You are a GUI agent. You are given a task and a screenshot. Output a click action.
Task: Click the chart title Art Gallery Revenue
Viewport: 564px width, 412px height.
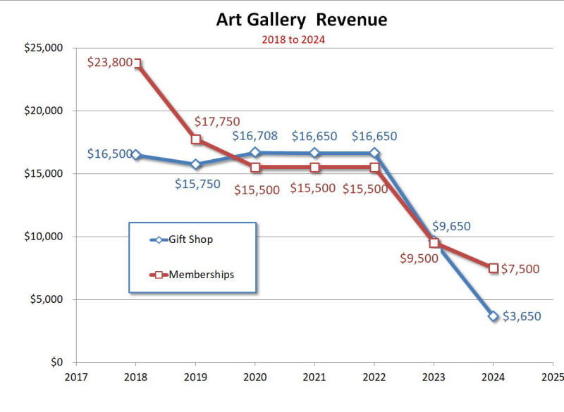click(x=301, y=20)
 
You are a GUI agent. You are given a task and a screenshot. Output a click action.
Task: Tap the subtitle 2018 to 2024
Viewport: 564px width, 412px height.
click(x=293, y=40)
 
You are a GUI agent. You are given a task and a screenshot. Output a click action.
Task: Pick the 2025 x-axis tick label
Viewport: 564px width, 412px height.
click(x=552, y=377)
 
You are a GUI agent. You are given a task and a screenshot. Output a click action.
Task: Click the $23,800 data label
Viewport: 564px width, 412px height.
click(x=110, y=62)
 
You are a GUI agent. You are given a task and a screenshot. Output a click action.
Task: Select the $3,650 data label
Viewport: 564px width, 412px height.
click(x=522, y=316)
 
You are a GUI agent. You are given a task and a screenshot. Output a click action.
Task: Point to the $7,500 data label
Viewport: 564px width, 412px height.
click(x=522, y=268)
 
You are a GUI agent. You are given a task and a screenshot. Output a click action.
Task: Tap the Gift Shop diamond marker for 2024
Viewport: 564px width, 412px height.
click(x=493, y=316)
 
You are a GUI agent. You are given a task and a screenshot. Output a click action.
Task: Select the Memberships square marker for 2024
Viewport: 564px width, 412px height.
click(x=493, y=268)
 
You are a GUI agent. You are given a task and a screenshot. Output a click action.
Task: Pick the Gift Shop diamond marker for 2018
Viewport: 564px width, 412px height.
click(x=137, y=155)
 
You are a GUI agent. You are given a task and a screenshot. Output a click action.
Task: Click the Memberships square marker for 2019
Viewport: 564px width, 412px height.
click(x=196, y=139)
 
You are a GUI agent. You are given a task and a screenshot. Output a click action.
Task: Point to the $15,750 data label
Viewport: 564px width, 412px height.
click(x=197, y=185)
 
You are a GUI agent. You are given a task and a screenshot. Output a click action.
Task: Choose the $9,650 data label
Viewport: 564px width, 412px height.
click(x=450, y=227)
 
